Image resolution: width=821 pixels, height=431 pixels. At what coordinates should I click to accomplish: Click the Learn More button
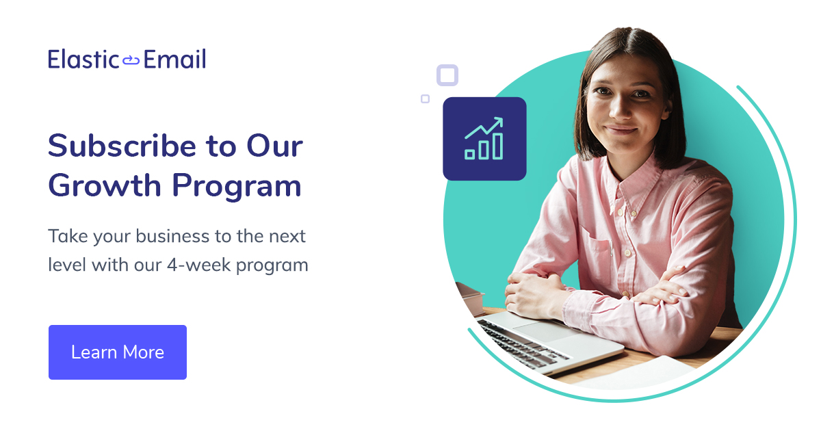tap(118, 352)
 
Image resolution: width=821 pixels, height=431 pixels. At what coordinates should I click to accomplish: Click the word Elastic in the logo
tap(83, 60)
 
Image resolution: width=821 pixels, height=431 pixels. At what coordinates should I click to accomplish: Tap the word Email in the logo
tap(174, 60)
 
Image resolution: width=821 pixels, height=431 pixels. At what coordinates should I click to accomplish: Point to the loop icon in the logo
tap(131, 61)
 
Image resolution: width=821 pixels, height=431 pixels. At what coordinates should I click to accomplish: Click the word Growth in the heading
tap(105, 185)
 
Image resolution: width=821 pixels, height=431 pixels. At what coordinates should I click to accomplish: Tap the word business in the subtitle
tap(173, 237)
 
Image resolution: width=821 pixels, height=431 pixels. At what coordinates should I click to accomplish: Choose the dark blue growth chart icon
tap(484, 139)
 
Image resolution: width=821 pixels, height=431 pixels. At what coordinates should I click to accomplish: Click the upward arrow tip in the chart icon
tap(499, 120)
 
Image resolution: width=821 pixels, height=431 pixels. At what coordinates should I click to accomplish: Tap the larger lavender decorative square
tap(447, 75)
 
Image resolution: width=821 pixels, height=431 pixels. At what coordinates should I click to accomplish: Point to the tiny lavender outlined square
tap(425, 99)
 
